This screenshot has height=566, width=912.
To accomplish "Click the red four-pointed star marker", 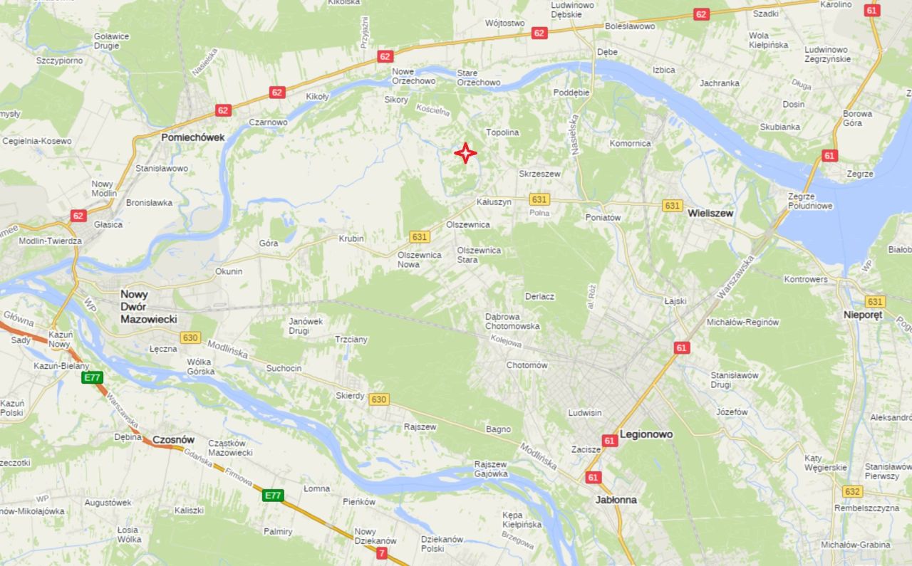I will [465, 153].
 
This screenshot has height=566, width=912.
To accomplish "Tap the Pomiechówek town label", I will [192, 137].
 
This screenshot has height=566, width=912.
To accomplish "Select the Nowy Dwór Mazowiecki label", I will [149, 307].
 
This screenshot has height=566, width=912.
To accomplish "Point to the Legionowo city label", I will [646, 434].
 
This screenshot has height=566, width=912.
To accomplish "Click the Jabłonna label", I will [616, 500].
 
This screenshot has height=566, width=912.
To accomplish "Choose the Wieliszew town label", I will [710, 213].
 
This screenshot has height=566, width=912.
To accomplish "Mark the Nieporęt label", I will [863, 315].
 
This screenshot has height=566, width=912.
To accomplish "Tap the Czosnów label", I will [174, 440].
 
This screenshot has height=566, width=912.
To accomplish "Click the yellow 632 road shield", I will [852, 491].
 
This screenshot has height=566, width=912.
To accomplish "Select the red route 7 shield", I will [382, 552].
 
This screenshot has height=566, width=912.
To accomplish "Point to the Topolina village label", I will [503, 132].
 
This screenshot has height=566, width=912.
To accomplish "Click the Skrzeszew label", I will [539, 174].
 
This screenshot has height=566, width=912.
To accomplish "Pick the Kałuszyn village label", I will [494, 202].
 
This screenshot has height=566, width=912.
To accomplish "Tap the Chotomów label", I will [527, 365].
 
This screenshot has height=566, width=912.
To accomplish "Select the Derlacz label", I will [539, 296].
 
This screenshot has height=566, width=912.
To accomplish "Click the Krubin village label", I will [351, 239].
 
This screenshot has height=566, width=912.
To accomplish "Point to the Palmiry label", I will [278, 531].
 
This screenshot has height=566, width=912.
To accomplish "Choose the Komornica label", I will [631, 143].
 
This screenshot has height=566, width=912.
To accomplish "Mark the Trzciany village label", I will [351, 340].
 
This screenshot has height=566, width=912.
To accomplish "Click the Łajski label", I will [675, 301].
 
